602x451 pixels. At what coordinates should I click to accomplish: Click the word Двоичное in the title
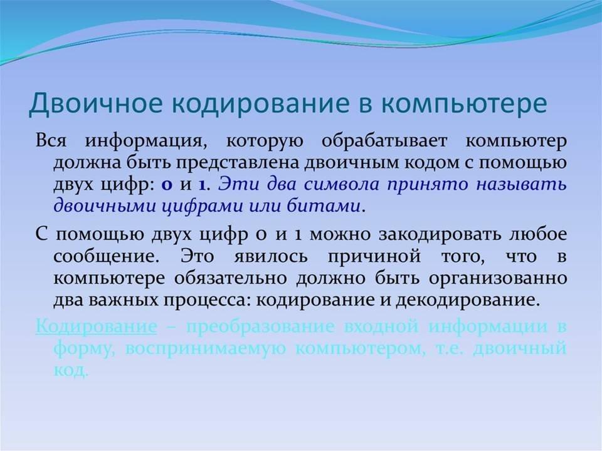pos(95,103)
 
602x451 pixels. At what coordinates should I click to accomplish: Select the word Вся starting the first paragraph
pos(51,140)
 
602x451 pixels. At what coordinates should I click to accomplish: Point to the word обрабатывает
pos(384,141)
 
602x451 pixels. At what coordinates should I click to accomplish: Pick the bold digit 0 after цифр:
pos(167,185)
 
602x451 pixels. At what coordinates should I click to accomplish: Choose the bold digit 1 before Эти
pos(202,185)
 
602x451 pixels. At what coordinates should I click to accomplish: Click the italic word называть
pos(521,185)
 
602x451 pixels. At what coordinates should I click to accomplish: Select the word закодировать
pos(440,234)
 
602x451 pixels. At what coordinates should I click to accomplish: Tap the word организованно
pos(497,278)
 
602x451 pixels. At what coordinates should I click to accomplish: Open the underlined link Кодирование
pos(96,327)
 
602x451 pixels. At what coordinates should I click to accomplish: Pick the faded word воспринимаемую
pos(206,350)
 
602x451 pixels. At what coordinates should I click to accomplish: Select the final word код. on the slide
pos(71,370)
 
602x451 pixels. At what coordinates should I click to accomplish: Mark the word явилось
pos(271,256)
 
